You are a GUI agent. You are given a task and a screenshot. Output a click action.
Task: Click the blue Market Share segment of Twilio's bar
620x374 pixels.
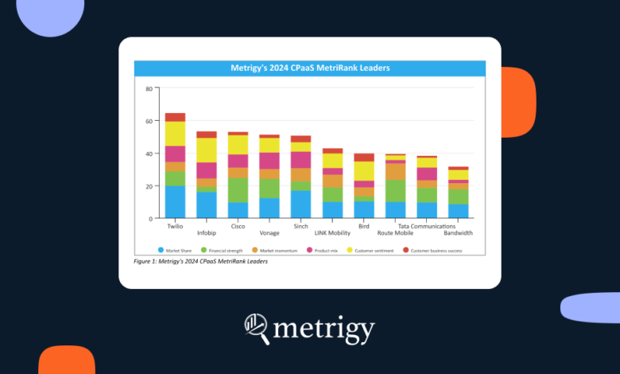tap(175, 201)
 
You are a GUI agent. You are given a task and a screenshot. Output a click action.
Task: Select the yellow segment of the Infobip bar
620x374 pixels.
tap(207, 150)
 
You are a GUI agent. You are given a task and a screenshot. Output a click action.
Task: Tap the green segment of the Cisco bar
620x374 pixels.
tap(238, 190)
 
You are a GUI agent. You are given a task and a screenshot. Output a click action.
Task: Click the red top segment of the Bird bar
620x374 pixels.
tap(364, 157)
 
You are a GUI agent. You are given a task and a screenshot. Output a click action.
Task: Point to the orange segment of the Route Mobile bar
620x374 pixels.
tap(396, 171)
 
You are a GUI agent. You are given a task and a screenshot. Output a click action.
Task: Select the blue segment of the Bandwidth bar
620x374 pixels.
tap(459, 211)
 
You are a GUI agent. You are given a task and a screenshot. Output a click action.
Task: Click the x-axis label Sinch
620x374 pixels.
tap(300, 225)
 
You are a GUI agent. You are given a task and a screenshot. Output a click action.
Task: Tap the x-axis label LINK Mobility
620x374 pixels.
tap(332, 232)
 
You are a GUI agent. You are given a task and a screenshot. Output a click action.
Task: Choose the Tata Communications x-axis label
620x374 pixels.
tap(427, 225)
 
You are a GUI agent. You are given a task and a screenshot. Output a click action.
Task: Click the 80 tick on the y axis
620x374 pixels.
tap(148, 88)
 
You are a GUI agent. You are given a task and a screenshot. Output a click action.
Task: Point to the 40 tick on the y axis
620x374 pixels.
tap(148, 154)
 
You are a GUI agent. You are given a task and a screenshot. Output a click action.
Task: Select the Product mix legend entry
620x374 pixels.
tap(325, 250)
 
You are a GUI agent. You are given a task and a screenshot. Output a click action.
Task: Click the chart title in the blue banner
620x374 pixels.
tap(309, 68)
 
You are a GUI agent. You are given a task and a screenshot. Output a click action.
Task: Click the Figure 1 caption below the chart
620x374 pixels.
tap(201, 260)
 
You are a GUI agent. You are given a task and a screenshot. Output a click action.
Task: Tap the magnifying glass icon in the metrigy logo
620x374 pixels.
tap(258, 327)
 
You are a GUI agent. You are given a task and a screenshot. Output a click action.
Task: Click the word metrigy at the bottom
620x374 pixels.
tap(324, 328)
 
